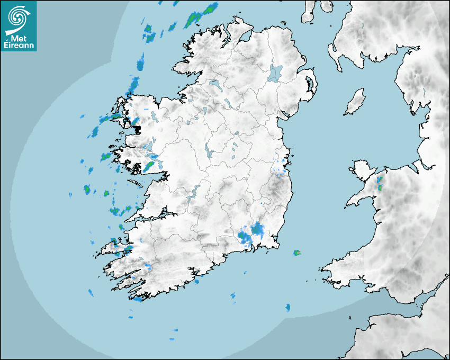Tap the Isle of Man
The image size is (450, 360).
(x=355, y=102)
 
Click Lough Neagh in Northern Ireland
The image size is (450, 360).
(x=276, y=73)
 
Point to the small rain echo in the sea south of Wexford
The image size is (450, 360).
(x=297, y=253)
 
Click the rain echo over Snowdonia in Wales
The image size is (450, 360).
(x=380, y=184)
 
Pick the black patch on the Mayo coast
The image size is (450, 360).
(x=137, y=128)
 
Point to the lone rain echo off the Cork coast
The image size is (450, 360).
(x=288, y=308)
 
